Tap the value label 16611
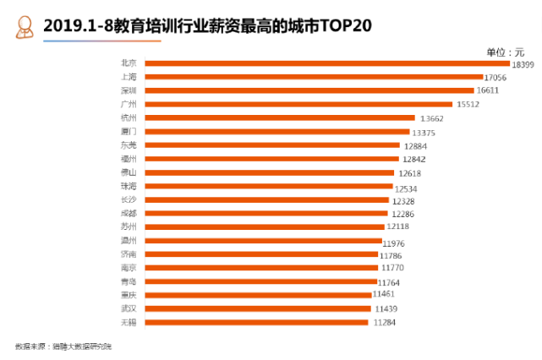(488, 90)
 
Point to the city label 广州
(129, 104)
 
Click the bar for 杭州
(280, 117)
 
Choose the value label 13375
(423, 132)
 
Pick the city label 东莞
(129, 145)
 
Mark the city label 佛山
(129, 172)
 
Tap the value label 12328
(402, 199)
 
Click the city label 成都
(129, 213)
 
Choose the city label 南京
(129, 267)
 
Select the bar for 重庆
(259, 295)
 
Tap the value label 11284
(385, 323)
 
